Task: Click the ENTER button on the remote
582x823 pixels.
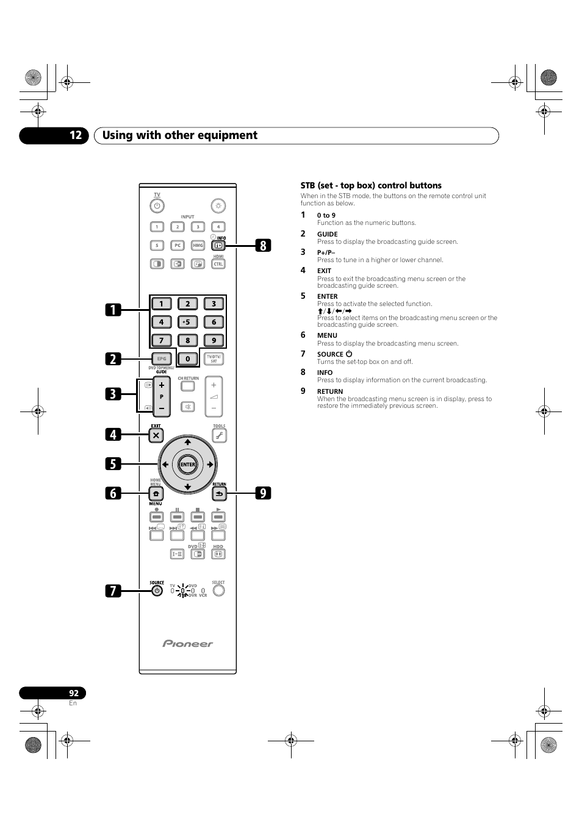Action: pyautogui.click(x=187, y=465)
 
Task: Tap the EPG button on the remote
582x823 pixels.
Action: pyautogui.click(x=162, y=358)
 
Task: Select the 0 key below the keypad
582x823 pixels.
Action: pyautogui.click(x=188, y=358)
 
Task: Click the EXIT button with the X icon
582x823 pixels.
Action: pyautogui.click(x=156, y=435)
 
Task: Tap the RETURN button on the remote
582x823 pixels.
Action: pyautogui.click(x=219, y=494)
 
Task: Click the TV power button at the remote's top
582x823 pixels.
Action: pyautogui.click(x=157, y=206)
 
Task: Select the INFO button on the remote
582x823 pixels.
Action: pyautogui.click(x=218, y=246)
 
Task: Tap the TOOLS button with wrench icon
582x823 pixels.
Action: pyautogui.click(x=219, y=435)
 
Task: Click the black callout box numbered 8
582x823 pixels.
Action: pyautogui.click(x=262, y=246)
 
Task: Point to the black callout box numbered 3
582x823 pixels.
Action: pyautogui.click(x=112, y=394)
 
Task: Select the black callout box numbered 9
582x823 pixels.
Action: pyautogui.click(x=262, y=493)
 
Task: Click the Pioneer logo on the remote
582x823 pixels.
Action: pyautogui.click(x=187, y=644)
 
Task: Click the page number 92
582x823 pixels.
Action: pyautogui.click(x=73, y=693)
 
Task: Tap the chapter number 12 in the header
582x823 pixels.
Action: pyautogui.click(x=75, y=135)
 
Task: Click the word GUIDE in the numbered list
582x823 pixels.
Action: pyautogui.click(x=327, y=234)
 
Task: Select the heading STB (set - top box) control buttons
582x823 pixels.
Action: pyautogui.click(x=371, y=185)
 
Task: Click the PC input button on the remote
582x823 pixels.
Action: pyautogui.click(x=178, y=246)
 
